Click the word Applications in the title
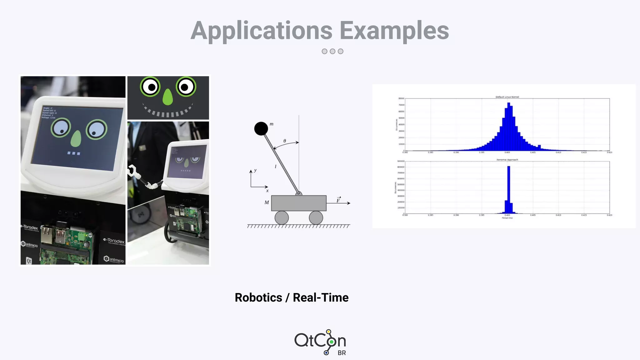(x=261, y=31)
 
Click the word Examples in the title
(x=394, y=31)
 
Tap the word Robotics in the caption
(x=258, y=297)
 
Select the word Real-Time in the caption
(x=320, y=297)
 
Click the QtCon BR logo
(x=320, y=342)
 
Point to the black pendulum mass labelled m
(x=261, y=128)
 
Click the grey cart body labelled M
(x=298, y=203)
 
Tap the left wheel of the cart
(x=282, y=217)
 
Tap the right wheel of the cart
(x=316, y=217)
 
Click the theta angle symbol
(x=285, y=141)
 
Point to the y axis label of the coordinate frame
(x=255, y=170)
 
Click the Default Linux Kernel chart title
(x=507, y=97)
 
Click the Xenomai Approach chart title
(x=507, y=160)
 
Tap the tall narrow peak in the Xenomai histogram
(x=508, y=187)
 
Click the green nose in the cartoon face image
(x=168, y=97)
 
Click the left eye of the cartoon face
(x=150, y=87)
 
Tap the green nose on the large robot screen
(x=76, y=138)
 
